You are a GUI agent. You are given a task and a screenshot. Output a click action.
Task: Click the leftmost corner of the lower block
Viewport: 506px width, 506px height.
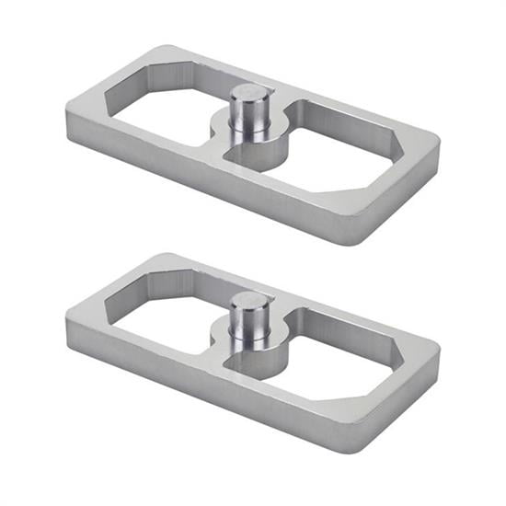pyautogui.click(x=67, y=317)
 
